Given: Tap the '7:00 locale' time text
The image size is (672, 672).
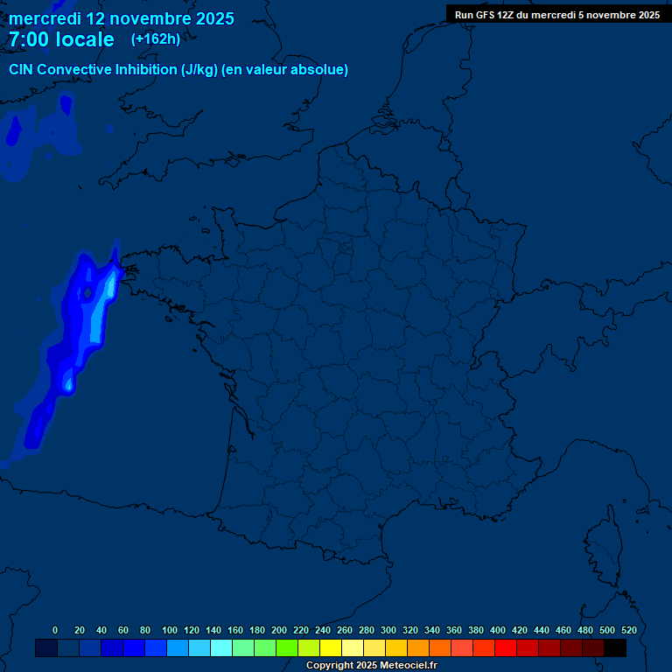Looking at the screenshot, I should click(61, 39).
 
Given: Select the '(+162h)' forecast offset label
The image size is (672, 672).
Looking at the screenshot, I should click(156, 38).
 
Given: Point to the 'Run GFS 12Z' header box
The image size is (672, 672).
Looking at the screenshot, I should click(557, 15).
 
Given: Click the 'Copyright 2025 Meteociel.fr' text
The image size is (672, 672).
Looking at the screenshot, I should click(371, 666).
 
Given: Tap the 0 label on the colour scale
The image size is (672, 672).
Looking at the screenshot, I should click(55, 630).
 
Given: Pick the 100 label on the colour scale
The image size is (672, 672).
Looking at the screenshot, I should click(170, 630).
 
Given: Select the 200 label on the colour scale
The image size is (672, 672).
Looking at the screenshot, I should click(279, 630).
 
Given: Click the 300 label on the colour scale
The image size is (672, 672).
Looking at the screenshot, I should click(388, 630).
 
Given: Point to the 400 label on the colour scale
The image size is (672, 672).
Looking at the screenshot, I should click(498, 630).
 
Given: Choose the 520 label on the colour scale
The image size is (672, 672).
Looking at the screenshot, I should click(628, 630).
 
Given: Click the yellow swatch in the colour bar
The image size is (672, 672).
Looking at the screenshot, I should click(331, 648).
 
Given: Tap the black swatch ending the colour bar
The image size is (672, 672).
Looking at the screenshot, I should click(615, 648).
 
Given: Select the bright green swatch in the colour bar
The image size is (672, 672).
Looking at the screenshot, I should click(287, 648).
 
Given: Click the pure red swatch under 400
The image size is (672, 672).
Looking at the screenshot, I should click(506, 648).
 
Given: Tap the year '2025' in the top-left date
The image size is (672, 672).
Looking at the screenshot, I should click(210, 18).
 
